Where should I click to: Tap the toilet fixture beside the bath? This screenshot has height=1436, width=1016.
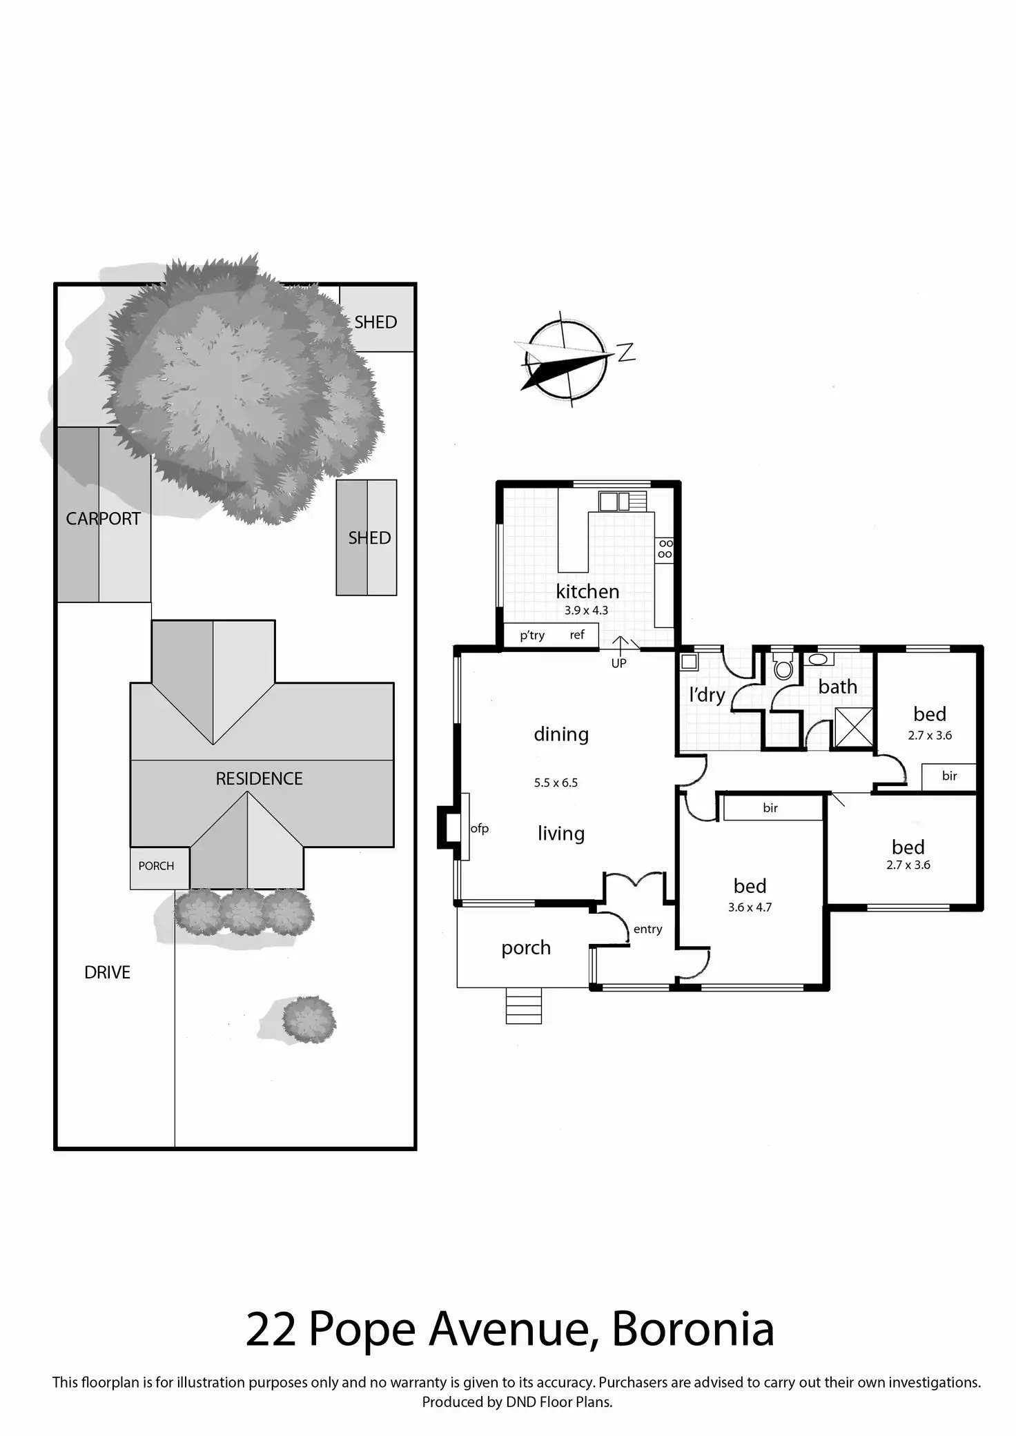tap(783, 667)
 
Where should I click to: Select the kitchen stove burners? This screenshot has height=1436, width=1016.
tap(665, 549)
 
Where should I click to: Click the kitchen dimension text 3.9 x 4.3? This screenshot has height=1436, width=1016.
tap(586, 610)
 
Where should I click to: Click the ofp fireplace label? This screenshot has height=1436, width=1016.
tap(479, 828)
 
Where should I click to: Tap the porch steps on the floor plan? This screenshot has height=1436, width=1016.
tap(523, 1005)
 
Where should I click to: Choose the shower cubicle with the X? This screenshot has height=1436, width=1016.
tap(853, 727)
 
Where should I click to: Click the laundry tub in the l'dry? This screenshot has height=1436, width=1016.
tap(689, 662)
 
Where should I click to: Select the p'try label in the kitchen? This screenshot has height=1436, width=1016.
tap(532, 635)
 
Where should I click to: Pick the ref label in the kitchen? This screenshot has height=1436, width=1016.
tap(577, 635)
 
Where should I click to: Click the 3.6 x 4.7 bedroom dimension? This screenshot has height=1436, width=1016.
tap(750, 907)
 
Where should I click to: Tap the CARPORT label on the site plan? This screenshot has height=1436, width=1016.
tap(103, 518)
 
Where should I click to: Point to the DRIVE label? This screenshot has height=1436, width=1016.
tap(107, 972)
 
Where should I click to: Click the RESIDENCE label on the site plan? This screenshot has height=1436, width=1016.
tap(259, 778)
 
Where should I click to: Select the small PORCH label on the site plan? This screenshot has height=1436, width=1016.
tap(156, 866)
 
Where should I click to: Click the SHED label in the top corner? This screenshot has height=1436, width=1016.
tap(375, 322)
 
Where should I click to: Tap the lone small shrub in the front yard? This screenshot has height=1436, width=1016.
tap(309, 1019)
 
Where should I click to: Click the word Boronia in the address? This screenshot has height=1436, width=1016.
tap(692, 1344)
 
